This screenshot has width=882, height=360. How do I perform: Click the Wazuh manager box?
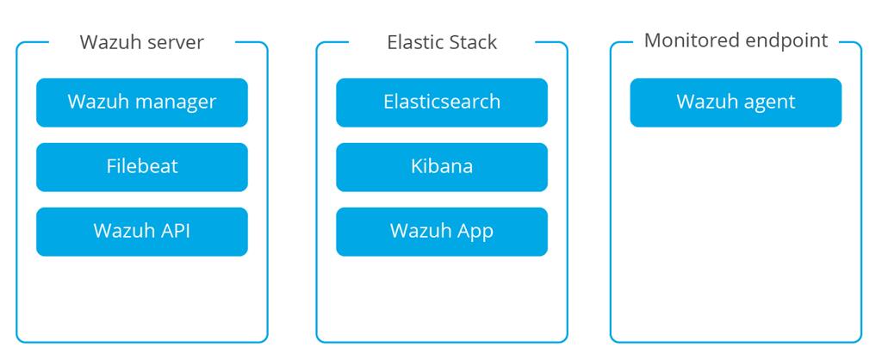click(141, 102)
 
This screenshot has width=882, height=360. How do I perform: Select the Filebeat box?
click(141, 166)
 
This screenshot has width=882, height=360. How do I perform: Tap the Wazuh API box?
click(141, 231)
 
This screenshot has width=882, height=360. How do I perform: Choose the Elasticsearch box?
click(441, 102)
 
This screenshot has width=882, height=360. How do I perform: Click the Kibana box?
click(441, 166)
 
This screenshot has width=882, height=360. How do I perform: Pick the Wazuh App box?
click(441, 231)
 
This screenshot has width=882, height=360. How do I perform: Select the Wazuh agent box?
click(736, 102)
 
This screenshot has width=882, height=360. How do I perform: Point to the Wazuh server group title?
click(141, 42)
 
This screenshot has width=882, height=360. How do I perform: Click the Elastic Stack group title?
click(442, 42)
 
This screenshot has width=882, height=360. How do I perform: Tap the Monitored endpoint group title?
click(736, 40)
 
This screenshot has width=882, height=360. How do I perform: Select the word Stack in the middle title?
click(473, 42)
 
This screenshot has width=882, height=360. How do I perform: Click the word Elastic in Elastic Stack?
click(413, 42)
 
